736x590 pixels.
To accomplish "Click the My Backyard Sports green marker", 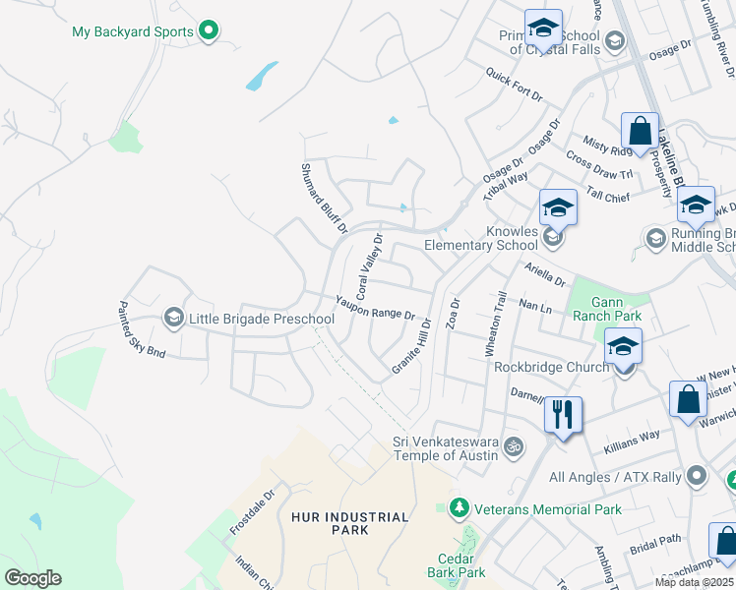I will click(x=208, y=31).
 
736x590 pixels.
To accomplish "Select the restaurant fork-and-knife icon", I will click(x=563, y=414).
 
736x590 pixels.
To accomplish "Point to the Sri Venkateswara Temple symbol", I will click(x=512, y=448).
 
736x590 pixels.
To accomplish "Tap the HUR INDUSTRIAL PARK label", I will click(x=349, y=523).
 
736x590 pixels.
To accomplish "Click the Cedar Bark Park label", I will click(x=457, y=564).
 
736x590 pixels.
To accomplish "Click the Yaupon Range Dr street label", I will click(x=375, y=308).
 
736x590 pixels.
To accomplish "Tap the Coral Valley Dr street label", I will click(x=369, y=266).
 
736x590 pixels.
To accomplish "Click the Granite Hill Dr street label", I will click(x=411, y=343).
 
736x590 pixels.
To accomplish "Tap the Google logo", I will click(x=32, y=578).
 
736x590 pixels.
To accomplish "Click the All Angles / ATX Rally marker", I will click(x=698, y=477).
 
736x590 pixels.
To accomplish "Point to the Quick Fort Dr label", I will click(x=514, y=85).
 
